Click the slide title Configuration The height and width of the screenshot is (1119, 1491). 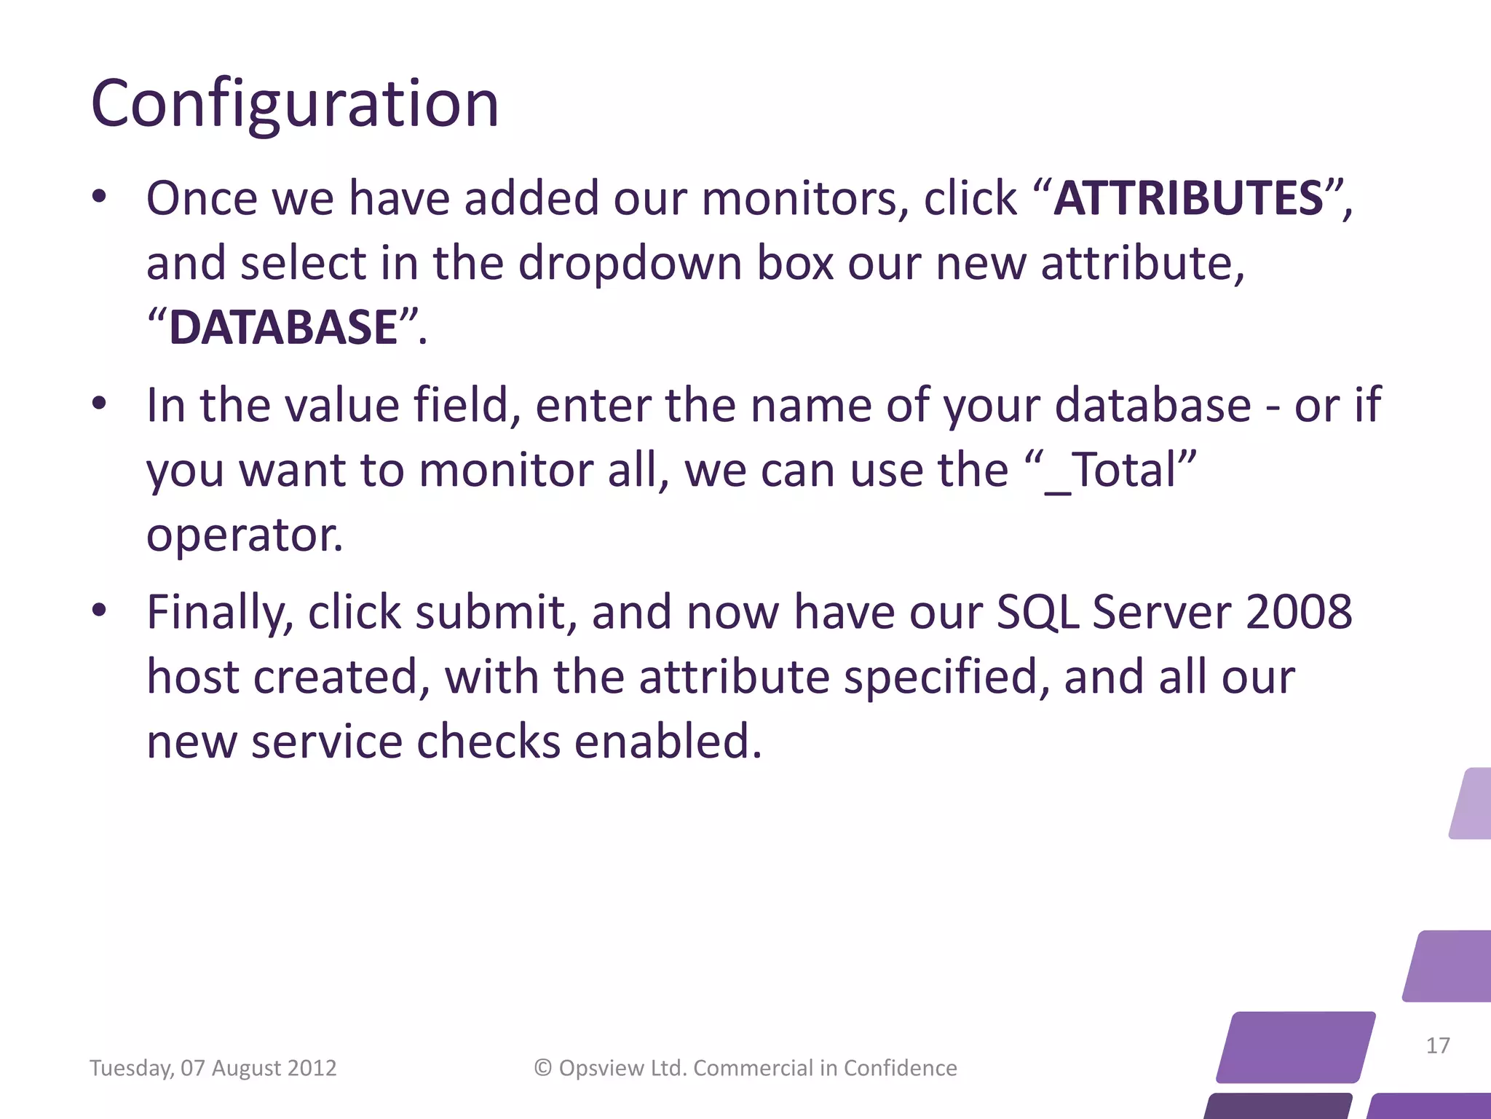(295, 104)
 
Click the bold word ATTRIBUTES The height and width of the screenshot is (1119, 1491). (1188, 198)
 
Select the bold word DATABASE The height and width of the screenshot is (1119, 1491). (284, 327)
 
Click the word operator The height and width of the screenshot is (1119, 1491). (244, 535)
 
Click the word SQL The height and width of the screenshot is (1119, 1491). (1037, 612)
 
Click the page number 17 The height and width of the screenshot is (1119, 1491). (1438, 1046)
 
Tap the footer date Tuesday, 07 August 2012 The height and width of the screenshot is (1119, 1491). (213, 1068)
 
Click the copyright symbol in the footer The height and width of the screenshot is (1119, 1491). (543, 1068)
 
